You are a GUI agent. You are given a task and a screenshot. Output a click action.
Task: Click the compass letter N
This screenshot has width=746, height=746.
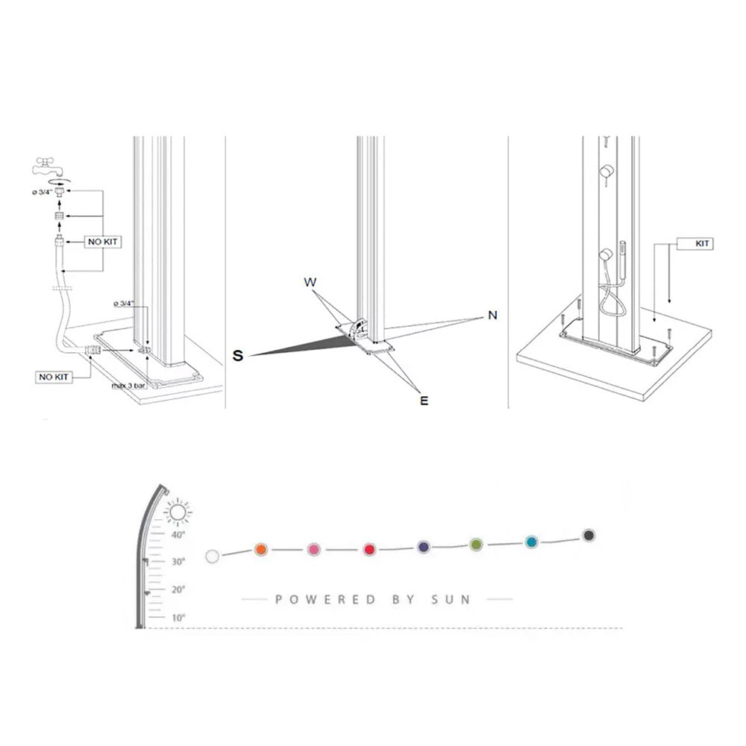[x=492, y=316]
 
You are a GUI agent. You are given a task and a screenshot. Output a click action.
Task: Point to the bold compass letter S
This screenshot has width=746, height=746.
[x=238, y=356]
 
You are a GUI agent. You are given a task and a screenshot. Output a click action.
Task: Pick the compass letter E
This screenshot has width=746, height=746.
[x=424, y=401]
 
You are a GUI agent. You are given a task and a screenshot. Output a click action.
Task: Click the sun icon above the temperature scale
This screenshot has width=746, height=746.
[x=178, y=513]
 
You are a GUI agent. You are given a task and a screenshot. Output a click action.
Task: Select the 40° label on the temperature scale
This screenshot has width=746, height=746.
[x=178, y=535]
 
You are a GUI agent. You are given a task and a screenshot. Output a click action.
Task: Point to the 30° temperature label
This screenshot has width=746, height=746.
[x=178, y=562]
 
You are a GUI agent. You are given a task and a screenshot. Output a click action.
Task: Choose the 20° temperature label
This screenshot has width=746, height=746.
[x=178, y=590]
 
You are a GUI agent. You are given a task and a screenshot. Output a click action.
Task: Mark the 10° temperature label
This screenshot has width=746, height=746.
[x=178, y=618]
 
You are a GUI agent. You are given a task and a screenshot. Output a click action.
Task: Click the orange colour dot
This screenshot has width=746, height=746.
[x=260, y=550]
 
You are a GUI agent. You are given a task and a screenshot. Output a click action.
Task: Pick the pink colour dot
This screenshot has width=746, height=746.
[x=314, y=550]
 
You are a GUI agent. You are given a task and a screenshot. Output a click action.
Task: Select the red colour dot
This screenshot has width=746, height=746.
[x=369, y=550]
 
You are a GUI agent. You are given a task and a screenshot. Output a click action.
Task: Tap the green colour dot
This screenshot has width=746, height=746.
[x=476, y=545]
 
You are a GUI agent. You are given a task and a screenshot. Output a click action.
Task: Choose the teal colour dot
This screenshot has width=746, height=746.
[x=531, y=542]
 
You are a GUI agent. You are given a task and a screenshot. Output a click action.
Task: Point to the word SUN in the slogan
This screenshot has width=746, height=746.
[x=454, y=599]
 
